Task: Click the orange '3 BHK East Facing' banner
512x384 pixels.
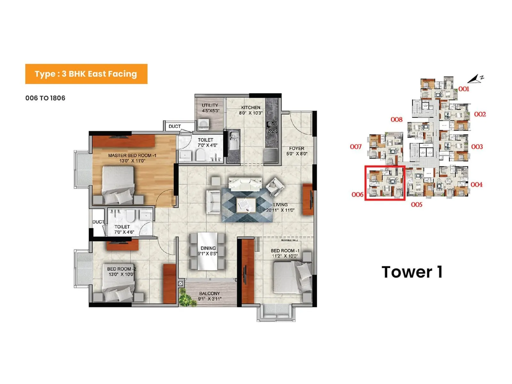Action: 86,74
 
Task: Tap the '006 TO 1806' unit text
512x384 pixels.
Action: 45,98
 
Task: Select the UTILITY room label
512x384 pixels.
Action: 210,108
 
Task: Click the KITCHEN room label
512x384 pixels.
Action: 251,110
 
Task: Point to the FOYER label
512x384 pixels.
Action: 297,151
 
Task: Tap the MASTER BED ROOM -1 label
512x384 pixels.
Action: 132,158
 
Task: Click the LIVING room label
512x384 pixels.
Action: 280,207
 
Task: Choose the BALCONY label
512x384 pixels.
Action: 210,296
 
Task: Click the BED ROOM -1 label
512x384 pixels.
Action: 285,253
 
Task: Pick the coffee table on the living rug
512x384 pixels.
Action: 246,205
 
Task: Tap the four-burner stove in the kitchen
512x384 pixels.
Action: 272,127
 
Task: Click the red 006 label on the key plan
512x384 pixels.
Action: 357,195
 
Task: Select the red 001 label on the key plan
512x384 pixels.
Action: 464,89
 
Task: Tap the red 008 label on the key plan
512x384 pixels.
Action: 396,120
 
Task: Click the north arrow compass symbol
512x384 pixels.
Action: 476,79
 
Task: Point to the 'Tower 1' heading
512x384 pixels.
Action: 412,272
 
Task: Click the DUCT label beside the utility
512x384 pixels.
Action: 175,126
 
